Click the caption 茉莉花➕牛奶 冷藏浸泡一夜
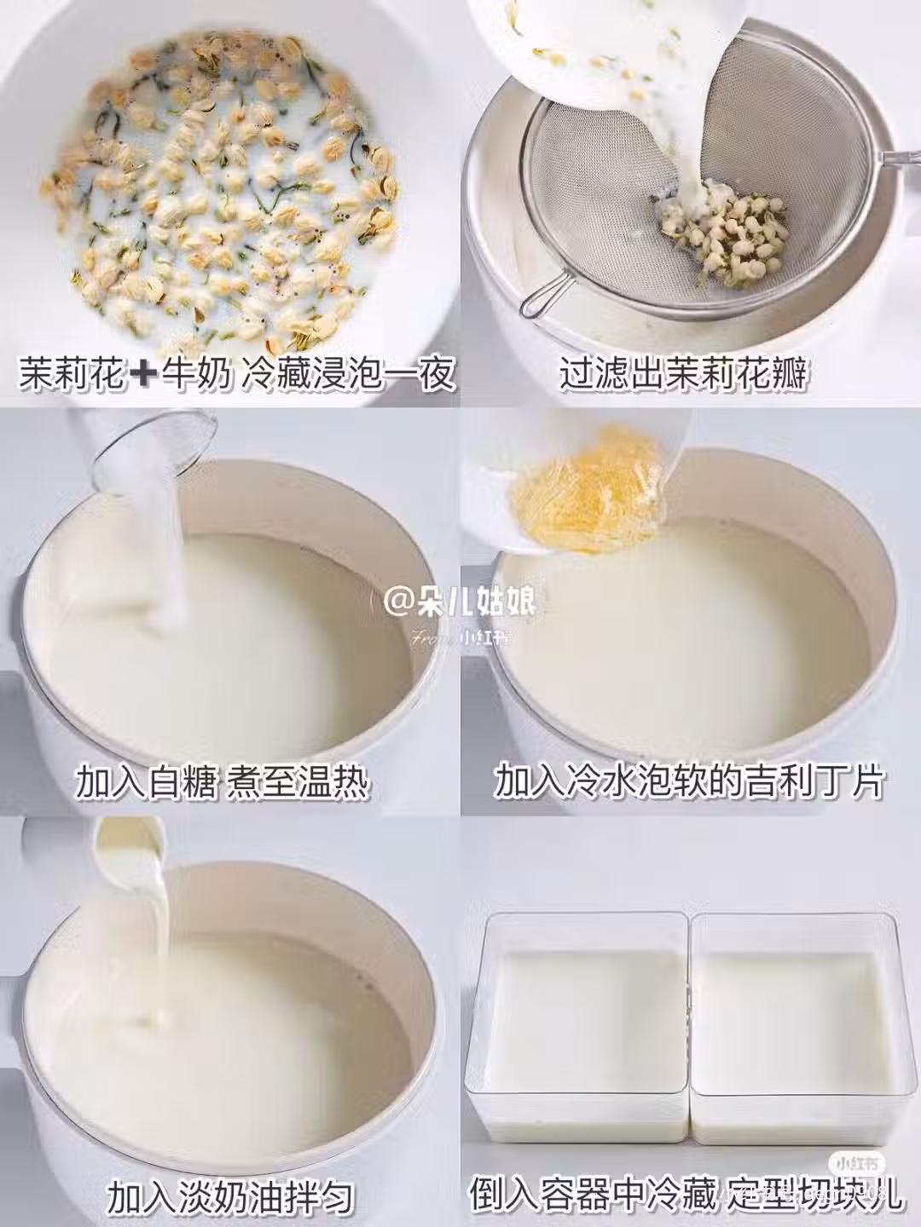click(237, 373)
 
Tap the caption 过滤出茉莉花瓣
click(683, 373)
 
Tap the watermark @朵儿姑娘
click(460, 602)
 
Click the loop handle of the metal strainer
click(537, 298)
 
